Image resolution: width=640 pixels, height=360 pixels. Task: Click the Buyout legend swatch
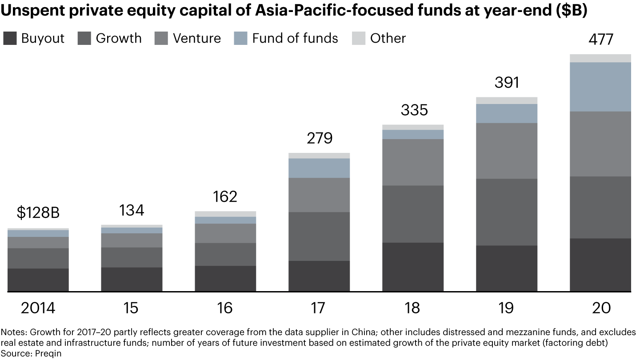click(10, 38)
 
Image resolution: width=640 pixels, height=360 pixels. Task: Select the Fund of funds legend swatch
click(240, 38)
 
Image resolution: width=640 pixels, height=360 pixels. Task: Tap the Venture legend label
click(197, 38)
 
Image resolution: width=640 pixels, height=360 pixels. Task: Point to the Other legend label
click(388, 38)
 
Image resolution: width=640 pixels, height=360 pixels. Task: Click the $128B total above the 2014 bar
click(38, 212)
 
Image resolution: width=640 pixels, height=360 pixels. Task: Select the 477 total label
click(600, 39)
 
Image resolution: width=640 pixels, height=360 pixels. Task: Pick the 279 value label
click(319, 138)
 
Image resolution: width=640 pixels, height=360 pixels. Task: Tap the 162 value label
click(225, 196)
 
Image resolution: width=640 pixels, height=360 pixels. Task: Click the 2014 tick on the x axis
click(38, 308)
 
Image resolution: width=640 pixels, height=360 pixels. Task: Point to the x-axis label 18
click(413, 308)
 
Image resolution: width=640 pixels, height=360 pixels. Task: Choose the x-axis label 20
click(600, 308)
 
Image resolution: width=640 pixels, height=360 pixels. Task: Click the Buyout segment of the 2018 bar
click(413, 267)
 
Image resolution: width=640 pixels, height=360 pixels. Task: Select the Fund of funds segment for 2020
click(600, 87)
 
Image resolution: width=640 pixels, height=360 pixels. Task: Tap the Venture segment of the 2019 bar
click(507, 151)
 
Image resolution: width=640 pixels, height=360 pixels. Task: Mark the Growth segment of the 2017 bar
click(319, 236)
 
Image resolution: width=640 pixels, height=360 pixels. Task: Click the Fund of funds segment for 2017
click(319, 168)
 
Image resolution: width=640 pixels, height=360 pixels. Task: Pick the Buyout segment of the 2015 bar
click(132, 279)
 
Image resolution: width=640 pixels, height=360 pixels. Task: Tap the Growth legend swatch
click(84, 38)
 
